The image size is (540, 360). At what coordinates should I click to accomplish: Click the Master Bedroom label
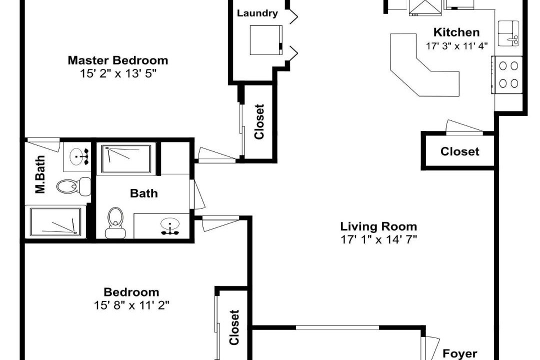tap(118, 60)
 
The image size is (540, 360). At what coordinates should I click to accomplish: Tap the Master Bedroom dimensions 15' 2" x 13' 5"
tap(118, 73)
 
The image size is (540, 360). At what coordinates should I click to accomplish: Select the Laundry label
tap(257, 13)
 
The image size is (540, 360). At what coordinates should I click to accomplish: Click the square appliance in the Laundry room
tap(266, 40)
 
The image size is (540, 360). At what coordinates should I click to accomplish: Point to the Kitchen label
tap(456, 32)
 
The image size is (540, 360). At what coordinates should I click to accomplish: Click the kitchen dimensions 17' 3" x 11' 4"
tap(456, 46)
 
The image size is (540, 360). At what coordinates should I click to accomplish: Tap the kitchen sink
tap(508, 33)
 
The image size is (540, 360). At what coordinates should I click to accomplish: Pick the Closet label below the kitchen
tap(460, 151)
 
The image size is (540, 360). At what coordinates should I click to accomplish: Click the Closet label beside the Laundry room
tap(259, 121)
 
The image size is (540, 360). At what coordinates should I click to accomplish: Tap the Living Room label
tap(378, 226)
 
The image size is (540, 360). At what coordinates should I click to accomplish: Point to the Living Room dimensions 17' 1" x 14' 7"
tap(379, 239)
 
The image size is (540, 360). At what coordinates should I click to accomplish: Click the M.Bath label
tap(40, 174)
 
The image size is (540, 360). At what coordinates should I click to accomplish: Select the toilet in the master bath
tap(73, 186)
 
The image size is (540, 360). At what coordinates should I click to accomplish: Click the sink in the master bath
tap(78, 157)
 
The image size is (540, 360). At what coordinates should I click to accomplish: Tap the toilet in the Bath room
tap(115, 222)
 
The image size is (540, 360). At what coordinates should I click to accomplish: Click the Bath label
tap(144, 193)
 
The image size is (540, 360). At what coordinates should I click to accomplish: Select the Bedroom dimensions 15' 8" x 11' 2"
tap(131, 305)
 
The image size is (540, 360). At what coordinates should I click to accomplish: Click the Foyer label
tap(460, 354)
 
